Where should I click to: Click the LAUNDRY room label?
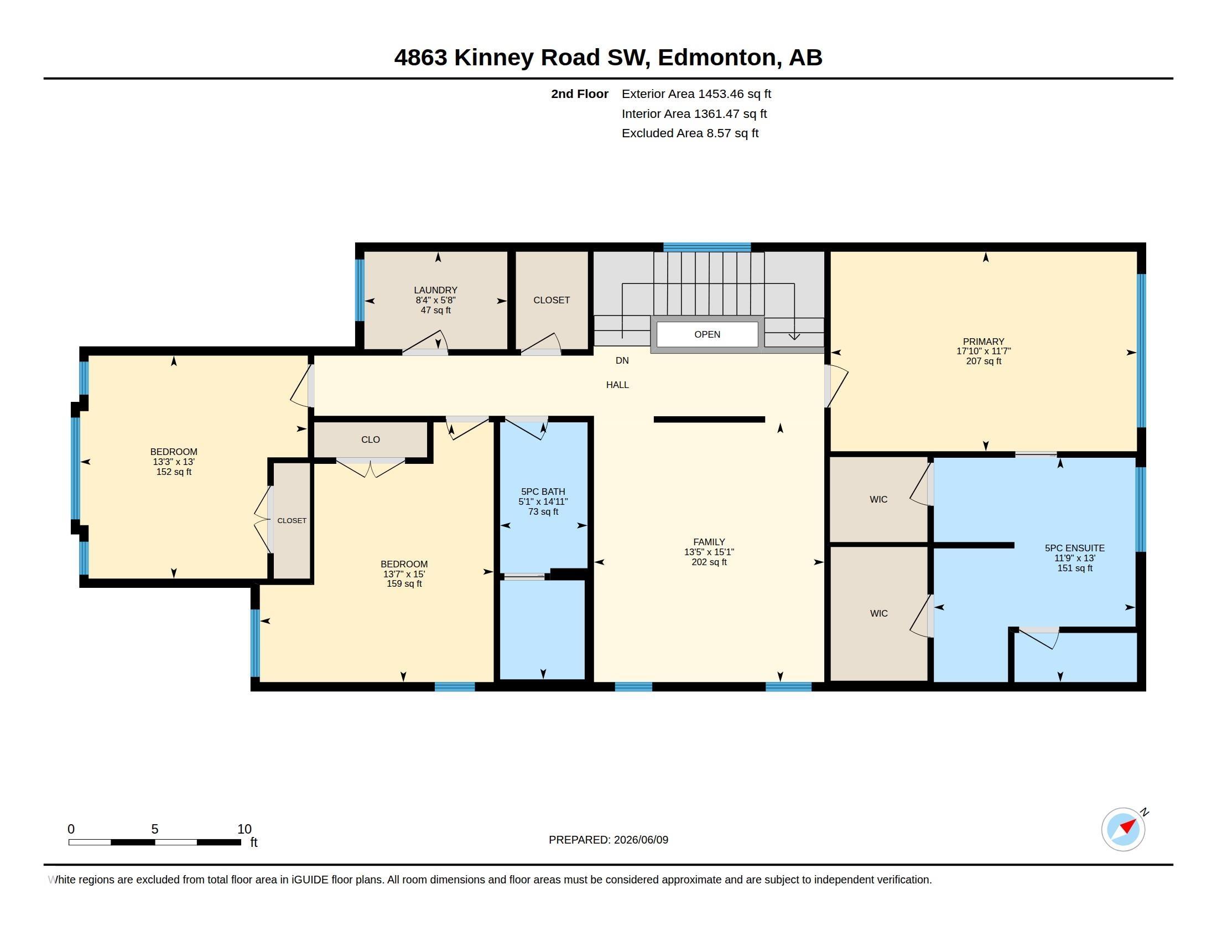coord(435,290)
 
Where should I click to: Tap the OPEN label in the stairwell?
coord(707,334)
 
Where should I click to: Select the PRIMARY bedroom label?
coord(984,342)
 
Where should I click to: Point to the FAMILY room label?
coord(709,542)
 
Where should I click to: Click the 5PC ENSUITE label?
coord(1074,548)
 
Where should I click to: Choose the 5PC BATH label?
coord(543,492)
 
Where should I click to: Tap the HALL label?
coord(617,385)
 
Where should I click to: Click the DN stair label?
coord(622,361)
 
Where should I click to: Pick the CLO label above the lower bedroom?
coord(371,440)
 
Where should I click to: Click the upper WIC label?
coord(879,499)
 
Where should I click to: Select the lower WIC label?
coord(879,613)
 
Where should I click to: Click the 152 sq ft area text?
coord(174,472)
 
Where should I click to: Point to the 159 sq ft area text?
coord(404,583)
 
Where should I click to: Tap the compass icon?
coord(1123,829)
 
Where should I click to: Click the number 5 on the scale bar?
coord(155,829)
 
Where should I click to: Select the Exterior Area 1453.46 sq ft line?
coord(696,94)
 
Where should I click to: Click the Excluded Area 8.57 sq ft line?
coord(690,133)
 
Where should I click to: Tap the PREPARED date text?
coord(608,840)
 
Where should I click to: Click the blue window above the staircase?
coord(706,247)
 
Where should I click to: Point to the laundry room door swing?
coord(426,342)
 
